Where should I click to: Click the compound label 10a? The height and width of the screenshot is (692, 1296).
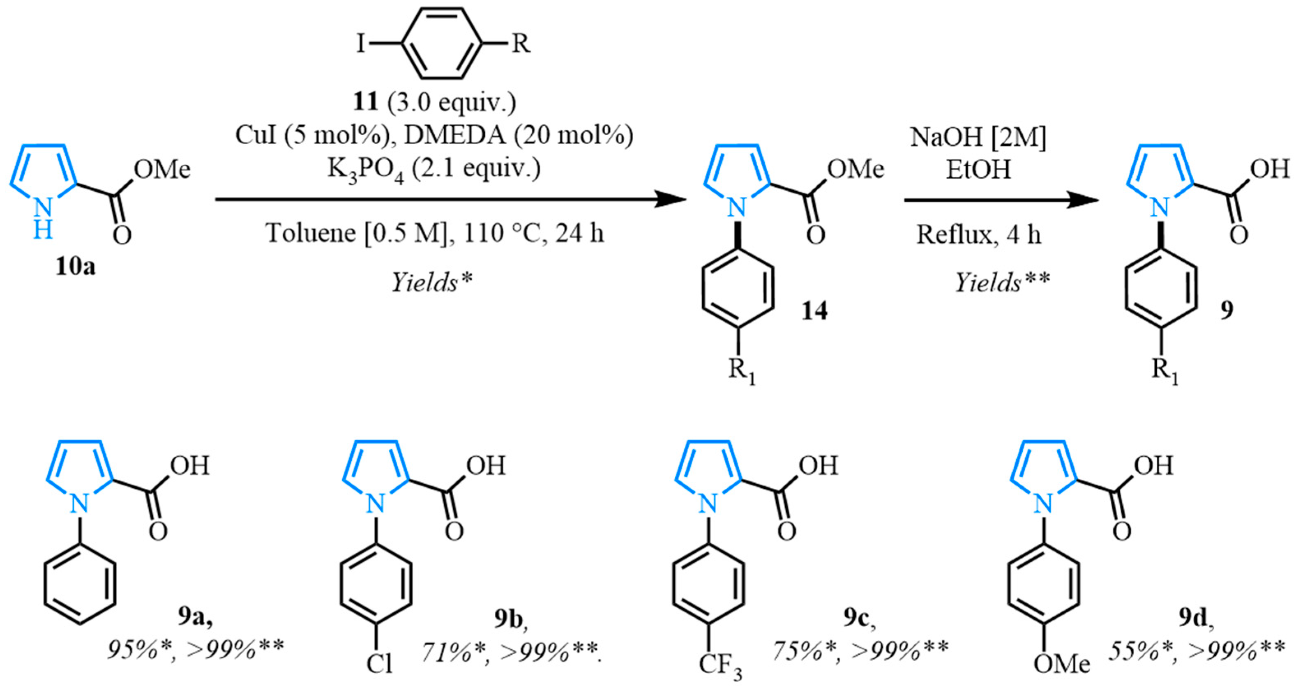[76, 267]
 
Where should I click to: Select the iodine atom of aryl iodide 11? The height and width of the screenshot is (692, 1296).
[360, 44]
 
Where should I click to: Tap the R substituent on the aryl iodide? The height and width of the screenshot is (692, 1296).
[521, 44]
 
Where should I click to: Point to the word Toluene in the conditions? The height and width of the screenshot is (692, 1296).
[310, 233]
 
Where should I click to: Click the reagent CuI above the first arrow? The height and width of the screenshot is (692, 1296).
[256, 136]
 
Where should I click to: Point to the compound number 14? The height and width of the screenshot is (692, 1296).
[814, 312]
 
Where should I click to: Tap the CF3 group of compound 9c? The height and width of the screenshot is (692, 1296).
[720, 665]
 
